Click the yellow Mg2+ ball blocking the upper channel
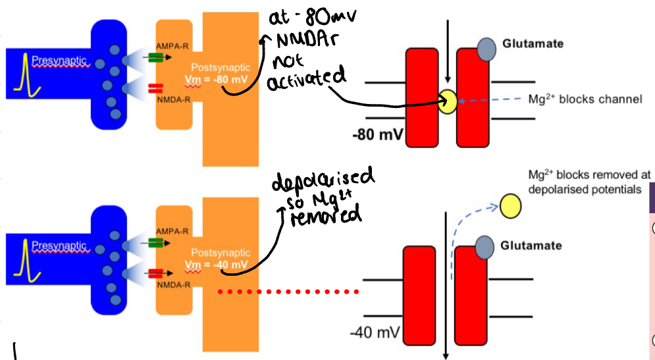[x=448, y=101]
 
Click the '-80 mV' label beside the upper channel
[x=378, y=136]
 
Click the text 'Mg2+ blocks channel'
[x=585, y=100]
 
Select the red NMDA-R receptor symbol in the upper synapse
[x=156, y=88]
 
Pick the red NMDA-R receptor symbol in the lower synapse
[x=156, y=272]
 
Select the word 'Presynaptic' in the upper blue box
[x=60, y=61]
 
